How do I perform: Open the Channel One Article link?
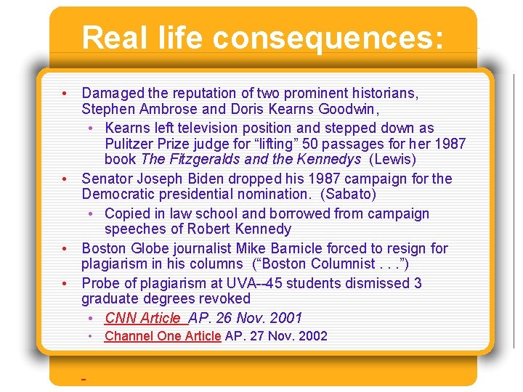(x=163, y=336)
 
